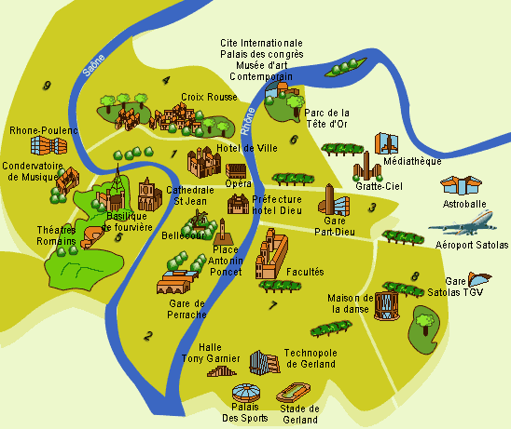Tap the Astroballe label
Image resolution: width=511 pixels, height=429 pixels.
pyautogui.click(x=463, y=203)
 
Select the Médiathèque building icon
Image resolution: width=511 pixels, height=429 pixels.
pyautogui.click(x=387, y=143)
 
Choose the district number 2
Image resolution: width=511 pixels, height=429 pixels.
pyautogui.click(x=147, y=336)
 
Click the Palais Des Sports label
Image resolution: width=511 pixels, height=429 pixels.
pyautogui.click(x=243, y=411)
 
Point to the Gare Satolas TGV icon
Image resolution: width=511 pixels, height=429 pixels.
pyautogui.click(x=481, y=277)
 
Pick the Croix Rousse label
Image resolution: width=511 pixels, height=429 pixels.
pyautogui.click(x=207, y=96)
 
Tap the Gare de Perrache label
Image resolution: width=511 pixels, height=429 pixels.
pyautogui.click(x=187, y=309)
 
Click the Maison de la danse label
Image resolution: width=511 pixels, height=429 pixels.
pyautogui.click(x=351, y=304)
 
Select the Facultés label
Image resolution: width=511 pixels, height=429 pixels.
pyautogui.click(x=306, y=272)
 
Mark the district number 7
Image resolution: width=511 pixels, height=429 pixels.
pyautogui.click(x=272, y=305)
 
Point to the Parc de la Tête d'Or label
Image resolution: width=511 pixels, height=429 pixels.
pyautogui.click(x=326, y=119)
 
